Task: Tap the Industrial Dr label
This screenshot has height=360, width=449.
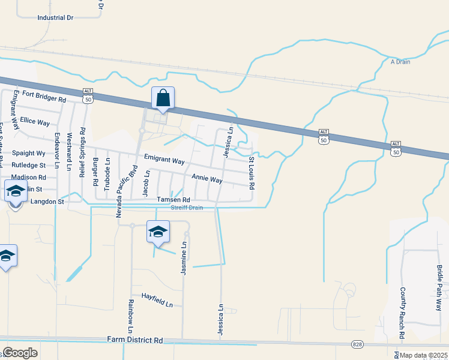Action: coord(55,18)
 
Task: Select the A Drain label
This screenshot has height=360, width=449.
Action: coord(400,61)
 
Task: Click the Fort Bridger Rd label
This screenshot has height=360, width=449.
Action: coord(44,96)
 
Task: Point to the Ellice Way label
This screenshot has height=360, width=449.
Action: coord(35,122)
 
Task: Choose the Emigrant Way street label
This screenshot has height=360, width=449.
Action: coord(164,161)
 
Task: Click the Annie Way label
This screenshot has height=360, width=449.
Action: coord(207,179)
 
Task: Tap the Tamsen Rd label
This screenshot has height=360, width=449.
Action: coord(173,200)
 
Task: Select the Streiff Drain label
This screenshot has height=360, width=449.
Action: coord(187,208)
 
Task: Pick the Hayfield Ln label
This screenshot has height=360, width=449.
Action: coord(157,300)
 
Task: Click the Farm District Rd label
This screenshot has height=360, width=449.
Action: coord(135,340)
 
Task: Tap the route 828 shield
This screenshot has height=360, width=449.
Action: coord(357,344)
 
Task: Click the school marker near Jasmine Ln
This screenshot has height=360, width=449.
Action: coord(158,232)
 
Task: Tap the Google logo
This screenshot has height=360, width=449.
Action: coord(20,353)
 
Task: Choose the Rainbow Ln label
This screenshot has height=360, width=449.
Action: coord(130,316)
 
